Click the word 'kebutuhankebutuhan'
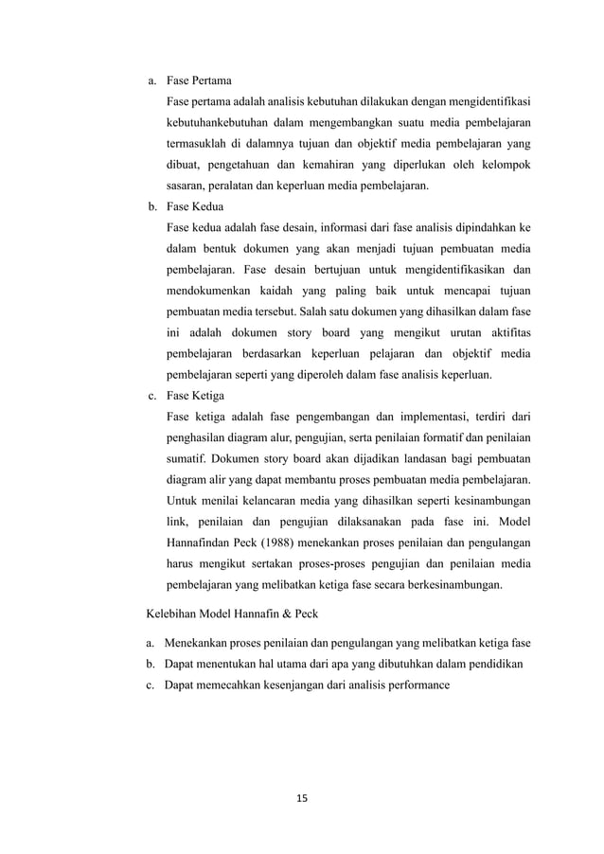coord(218,122)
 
